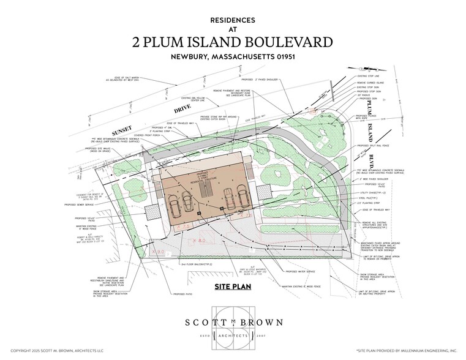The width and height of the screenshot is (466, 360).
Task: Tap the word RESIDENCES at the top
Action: [233, 20]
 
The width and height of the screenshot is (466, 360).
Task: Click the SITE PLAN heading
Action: [233, 287]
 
